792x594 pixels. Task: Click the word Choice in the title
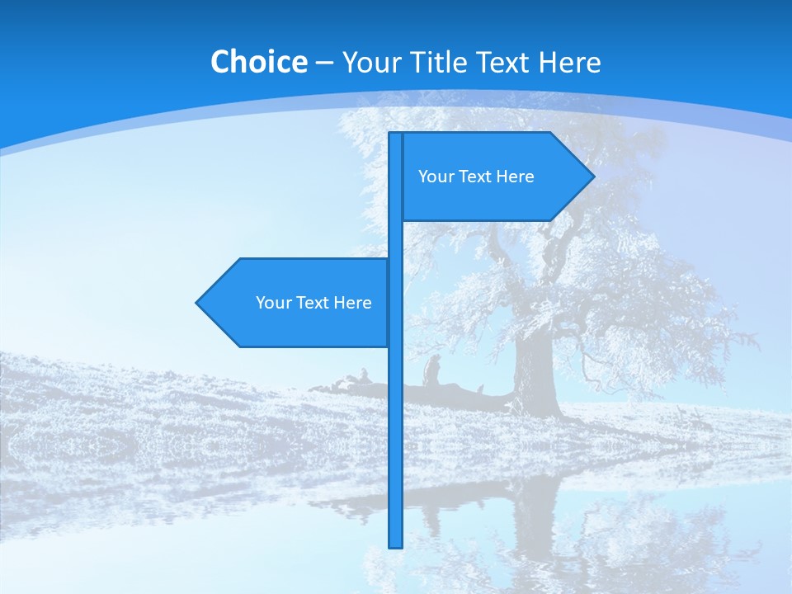click(258, 62)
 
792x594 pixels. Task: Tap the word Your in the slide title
click(370, 62)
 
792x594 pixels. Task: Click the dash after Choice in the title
click(324, 63)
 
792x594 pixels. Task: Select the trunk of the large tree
click(533, 371)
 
